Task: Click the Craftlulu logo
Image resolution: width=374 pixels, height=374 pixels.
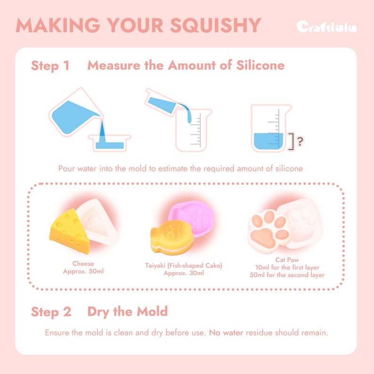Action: tap(326, 27)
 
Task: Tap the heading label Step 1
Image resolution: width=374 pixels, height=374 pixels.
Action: tap(50, 65)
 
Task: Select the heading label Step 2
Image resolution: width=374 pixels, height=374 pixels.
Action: tap(51, 312)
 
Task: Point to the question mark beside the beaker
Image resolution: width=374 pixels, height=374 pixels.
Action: tap(299, 139)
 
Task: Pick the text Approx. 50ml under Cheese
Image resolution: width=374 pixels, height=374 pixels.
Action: tap(83, 272)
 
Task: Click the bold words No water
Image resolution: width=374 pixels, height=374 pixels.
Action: tap(226, 333)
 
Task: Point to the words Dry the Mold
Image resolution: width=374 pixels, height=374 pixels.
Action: tap(127, 311)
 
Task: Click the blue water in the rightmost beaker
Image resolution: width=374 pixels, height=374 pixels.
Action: tap(268, 140)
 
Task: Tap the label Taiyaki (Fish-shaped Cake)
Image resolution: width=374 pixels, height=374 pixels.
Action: tap(184, 266)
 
